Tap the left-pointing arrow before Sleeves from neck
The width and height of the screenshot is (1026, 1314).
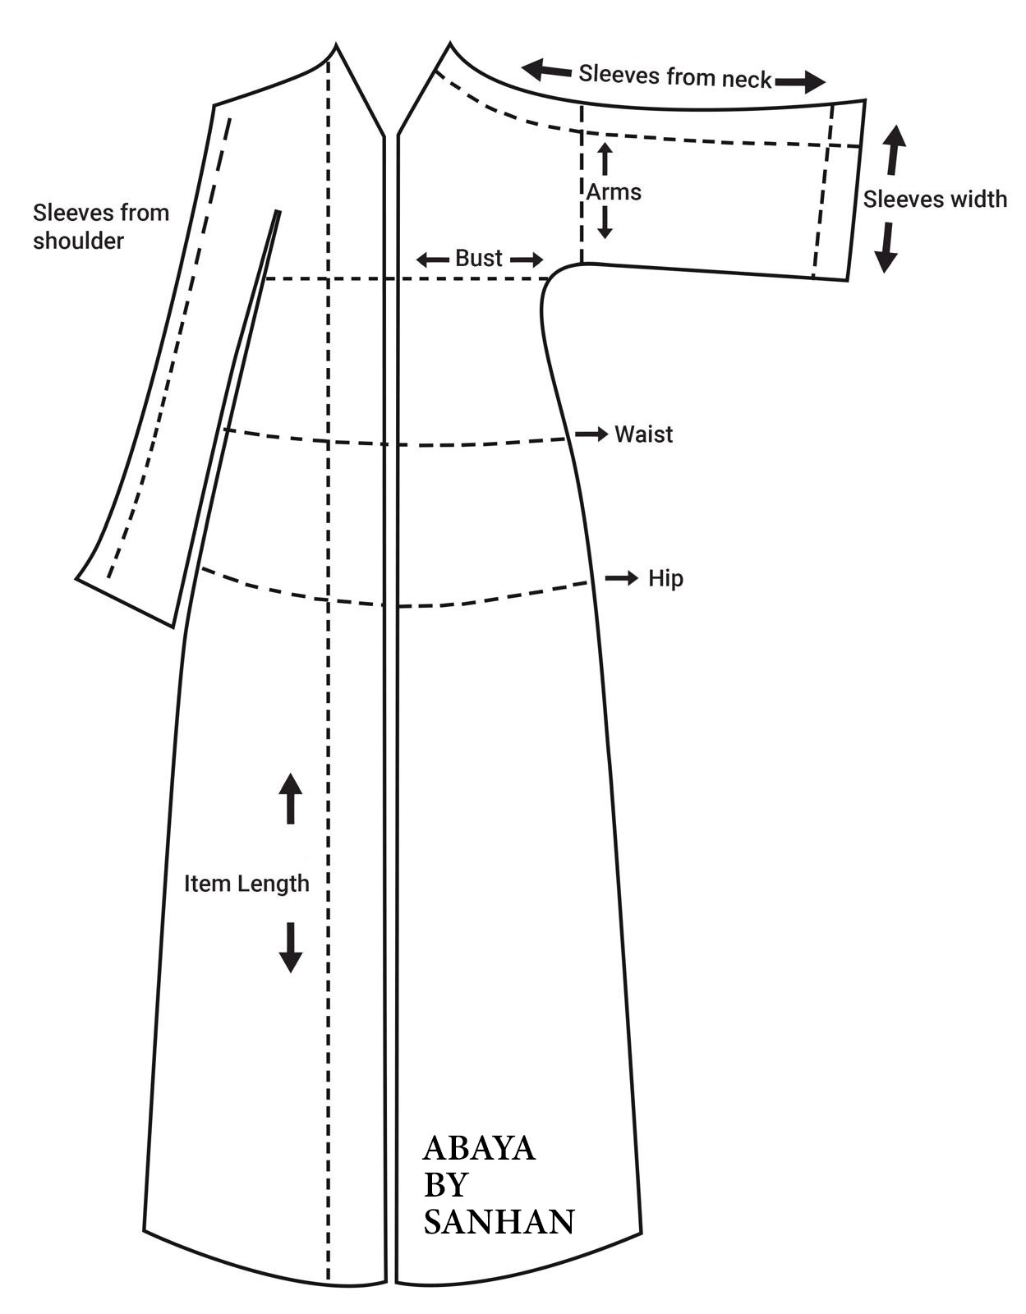tap(547, 70)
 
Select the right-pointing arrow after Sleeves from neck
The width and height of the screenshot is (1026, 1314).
tap(799, 81)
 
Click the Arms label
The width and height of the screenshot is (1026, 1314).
tap(614, 192)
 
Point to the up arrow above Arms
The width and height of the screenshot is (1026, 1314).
tap(605, 158)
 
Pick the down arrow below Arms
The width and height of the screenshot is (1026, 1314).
tap(605, 223)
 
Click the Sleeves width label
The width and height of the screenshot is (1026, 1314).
tap(935, 199)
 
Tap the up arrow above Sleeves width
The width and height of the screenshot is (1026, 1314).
tap(895, 147)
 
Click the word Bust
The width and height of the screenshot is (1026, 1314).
tap(478, 258)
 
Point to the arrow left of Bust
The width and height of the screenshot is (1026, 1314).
tap(431, 260)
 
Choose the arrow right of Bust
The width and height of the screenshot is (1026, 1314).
tap(527, 260)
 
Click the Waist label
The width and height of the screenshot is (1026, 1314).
tap(643, 434)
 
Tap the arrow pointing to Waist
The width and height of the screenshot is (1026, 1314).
tap(591, 433)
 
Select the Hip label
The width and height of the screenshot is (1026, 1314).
tap(665, 578)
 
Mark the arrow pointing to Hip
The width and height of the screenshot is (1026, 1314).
tap(622, 579)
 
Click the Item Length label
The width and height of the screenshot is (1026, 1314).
tap(246, 884)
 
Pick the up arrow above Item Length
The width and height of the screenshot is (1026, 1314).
tap(290, 797)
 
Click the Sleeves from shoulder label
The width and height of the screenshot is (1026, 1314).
tap(100, 227)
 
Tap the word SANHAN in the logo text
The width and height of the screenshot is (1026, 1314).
tap(499, 1222)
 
